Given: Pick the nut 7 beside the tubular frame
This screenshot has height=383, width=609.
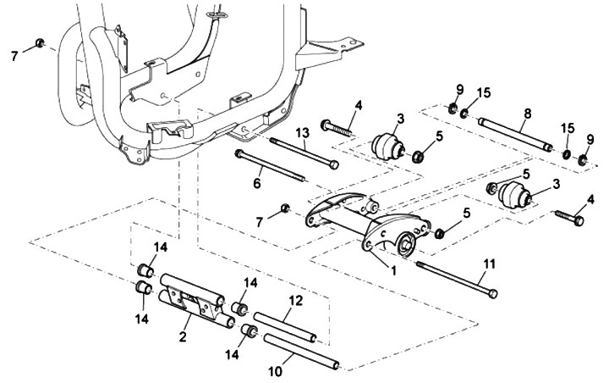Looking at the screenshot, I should click(41, 42).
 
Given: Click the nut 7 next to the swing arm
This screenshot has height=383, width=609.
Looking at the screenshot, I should click(286, 209).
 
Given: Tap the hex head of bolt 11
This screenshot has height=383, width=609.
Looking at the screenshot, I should click(492, 293).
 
